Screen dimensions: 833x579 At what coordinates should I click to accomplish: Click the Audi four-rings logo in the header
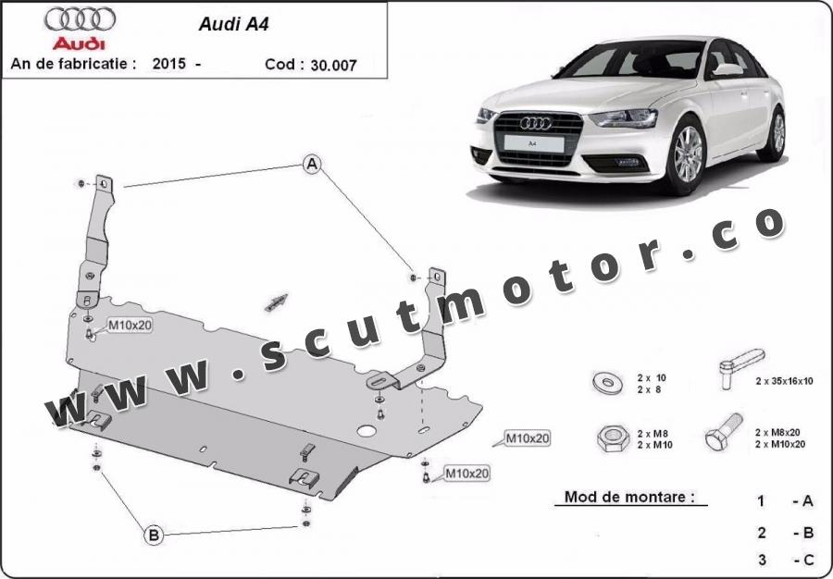click(80, 19)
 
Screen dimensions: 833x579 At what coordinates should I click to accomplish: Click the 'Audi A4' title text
click(234, 24)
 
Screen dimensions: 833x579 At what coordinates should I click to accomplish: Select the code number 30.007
click(333, 66)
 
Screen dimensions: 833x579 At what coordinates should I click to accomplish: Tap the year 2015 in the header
click(169, 64)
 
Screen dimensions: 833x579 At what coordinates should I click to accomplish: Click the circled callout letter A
click(313, 165)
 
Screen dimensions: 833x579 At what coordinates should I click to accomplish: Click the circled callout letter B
click(154, 535)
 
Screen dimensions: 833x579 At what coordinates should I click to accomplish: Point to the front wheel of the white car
click(688, 155)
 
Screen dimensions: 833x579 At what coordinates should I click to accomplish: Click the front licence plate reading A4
click(533, 143)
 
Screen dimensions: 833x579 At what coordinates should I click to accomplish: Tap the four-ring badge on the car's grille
click(536, 123)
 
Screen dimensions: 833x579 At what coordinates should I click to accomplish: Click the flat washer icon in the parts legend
click(608, 383)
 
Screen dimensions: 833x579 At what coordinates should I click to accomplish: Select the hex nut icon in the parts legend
click(613, 439)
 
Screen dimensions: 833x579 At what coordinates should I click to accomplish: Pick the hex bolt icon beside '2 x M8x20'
click(723, 432)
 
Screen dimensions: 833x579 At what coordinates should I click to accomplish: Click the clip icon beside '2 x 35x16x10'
click(740, 366)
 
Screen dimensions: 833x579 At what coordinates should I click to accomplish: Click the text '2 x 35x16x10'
click(784, 381)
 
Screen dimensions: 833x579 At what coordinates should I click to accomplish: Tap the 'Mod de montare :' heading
click(629, 498)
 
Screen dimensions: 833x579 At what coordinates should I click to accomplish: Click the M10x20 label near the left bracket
click(131, 326)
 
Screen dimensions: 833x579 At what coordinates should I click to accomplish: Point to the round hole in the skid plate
click(366, 431)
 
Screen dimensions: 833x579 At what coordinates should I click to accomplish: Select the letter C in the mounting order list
click(808, 560)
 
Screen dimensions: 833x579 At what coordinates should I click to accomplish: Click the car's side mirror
click(727, 69)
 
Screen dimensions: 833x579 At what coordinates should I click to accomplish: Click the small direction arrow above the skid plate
click(276, 302)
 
